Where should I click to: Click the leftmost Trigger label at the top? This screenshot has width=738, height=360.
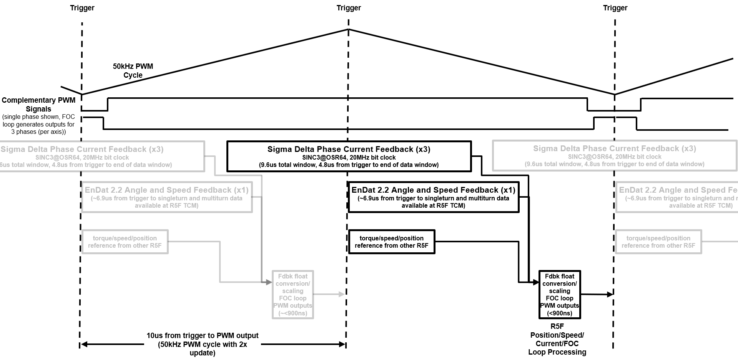coord(82,8)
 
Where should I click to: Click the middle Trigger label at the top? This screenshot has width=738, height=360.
coord(348,8)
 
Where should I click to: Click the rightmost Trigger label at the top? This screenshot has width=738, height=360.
coord(615,8)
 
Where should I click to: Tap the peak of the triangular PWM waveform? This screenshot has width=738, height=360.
coord(348,29)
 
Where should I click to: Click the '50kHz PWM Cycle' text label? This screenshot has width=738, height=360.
coord(133,71)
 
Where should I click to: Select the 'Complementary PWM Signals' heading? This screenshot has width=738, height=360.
coord(38,105)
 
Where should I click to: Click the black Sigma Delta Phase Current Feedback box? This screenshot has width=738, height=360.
coord(349,156)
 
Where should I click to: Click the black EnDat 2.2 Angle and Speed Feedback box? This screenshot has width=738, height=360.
coord(433,197)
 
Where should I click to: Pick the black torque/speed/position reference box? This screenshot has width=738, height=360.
coord(391,242)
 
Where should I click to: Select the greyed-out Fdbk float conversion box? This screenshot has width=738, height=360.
coord(293,295)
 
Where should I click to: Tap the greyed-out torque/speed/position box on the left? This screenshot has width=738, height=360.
coord(125,242)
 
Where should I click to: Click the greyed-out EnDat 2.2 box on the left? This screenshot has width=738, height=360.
coord(166,197)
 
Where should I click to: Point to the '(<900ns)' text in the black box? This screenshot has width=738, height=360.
coord(560,313)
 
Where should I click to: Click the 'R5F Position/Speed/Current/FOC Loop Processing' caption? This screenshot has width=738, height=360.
coord(557,339)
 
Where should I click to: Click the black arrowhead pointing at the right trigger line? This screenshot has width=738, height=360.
coord(610,295)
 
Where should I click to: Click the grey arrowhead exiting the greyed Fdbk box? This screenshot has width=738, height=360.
coord(341,294)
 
